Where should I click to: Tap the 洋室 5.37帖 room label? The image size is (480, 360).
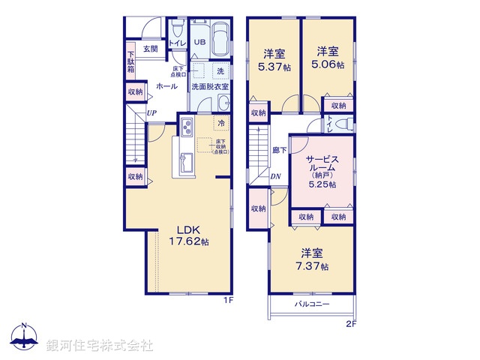coord(273,59)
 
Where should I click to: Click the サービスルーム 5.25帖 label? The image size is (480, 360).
coord(320,171)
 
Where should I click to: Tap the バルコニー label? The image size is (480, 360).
coord(310,304)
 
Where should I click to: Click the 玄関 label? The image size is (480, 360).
coord(150,49)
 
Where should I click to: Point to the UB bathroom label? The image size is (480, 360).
coord(199,42)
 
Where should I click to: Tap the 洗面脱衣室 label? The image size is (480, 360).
coord(210,86)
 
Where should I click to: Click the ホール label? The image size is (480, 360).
coord(166,86)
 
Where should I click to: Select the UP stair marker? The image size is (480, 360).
coord(151,113)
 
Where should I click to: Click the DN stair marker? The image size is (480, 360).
coord(275,177)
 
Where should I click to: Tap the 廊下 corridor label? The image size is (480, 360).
coord(279,149)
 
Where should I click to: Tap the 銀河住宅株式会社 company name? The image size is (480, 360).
coord(100,345)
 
